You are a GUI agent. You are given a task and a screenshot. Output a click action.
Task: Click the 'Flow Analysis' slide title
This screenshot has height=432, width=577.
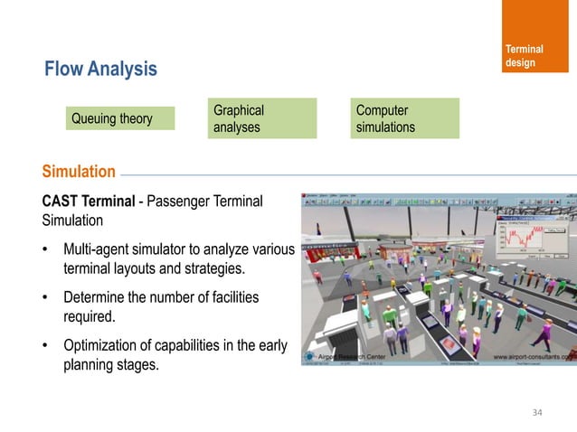tap(100, 69)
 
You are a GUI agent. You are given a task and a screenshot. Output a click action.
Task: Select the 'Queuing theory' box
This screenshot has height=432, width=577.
tap(113, 118)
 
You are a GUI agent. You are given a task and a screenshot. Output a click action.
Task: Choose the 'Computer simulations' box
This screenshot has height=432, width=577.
tap(406, 118)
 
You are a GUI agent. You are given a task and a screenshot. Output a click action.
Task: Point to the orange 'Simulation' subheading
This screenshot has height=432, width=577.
tap(73, 172)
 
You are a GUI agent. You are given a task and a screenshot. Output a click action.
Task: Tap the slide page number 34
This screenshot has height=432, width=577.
tap(538, 413)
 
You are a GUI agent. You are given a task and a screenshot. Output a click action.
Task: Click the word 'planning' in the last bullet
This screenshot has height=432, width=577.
tap(90, 367)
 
